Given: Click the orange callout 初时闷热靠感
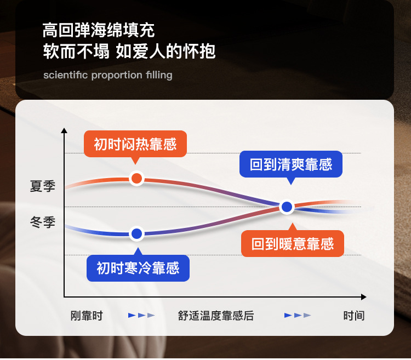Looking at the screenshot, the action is (x=135, y=144).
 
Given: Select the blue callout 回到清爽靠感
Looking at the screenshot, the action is (x=291, y=164).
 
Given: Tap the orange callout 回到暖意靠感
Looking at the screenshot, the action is (x=293, y=243).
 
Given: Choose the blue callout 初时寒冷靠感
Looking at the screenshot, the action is (x=138, y=268).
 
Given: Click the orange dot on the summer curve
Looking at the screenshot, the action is (x=137, y=178).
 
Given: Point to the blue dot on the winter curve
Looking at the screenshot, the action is (x=137, y=234).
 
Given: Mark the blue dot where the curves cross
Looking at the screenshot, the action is (x=287, y=207).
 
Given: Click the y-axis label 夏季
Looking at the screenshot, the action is (x=43, y=186).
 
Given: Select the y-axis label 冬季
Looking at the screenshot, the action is (x=43, y=222).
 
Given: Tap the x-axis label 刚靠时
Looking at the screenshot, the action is (x=87, y=316).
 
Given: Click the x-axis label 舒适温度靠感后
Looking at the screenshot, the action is (x=216, y=316).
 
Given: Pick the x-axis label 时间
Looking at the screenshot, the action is (x=353, y=316).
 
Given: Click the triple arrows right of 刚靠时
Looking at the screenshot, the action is (x=141, y=316).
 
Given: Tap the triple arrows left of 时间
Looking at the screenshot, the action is (x=298, y=316).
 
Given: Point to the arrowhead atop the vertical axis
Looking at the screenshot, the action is (x=64, y=131).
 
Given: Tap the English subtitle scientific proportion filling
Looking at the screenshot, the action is (x=108, y=75).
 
